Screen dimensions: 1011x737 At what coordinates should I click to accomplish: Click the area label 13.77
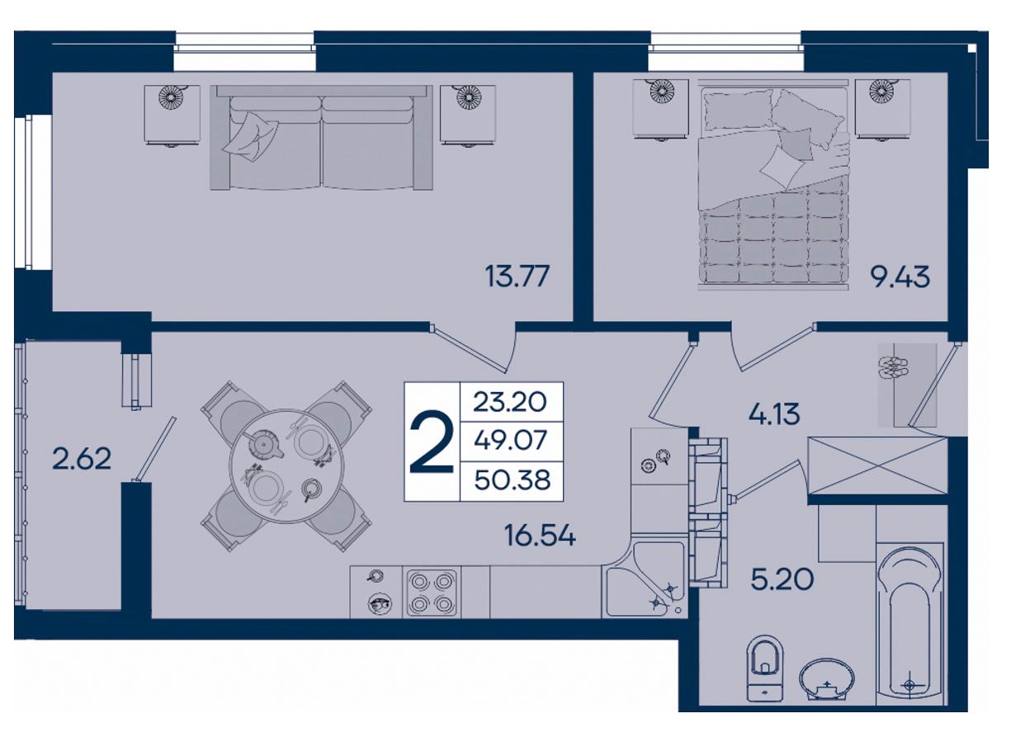pos(517,276)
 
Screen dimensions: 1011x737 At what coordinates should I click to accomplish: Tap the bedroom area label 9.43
pos(900,276)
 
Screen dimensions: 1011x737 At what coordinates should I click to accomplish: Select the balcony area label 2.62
pos(82,459)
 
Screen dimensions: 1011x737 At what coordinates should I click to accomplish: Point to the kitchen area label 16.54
pos(541,536)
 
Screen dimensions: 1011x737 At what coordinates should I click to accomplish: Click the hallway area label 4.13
pos(774,413)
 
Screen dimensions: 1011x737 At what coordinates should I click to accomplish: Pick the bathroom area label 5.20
pos(782,579)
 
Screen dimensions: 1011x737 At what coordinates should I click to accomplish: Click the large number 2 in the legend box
pos(432,442)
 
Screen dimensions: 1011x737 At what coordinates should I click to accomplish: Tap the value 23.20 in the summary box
pos(510,402)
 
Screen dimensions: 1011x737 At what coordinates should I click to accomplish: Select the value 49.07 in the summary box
pos(511,440)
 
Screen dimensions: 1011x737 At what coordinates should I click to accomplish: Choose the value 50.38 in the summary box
pos(513,480)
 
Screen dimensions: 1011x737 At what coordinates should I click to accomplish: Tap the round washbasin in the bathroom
pos(827,686)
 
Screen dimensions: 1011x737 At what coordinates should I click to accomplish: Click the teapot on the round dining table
pos(263,444)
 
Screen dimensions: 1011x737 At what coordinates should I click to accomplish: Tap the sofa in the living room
pos(321,137)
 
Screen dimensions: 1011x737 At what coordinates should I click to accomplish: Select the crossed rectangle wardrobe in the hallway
pos(877,465)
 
